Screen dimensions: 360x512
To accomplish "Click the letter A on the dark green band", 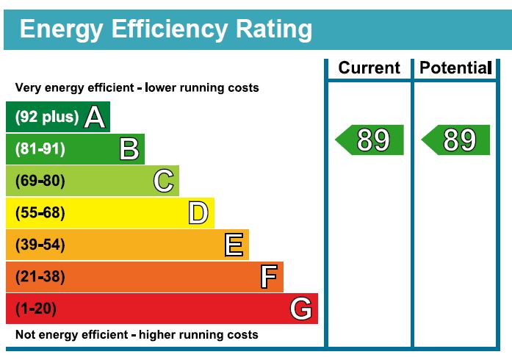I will pyautogui.click(x=94, y=117).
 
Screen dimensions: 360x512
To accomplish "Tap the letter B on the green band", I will pyautogui.click(x=129, y=149).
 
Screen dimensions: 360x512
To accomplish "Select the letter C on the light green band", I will pyautogui.click(x=164, y=181).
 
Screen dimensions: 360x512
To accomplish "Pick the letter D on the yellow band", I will pyautogui.click(x=198, y=213).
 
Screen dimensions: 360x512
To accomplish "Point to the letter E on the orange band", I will pyautogui.click(x=234, y=245).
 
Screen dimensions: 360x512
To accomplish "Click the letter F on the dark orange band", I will pyautogui.click(x=269, y=277).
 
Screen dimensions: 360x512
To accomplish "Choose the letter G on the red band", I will pyautogui.click(x=300, y=309).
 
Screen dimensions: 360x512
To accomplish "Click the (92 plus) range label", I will pyautogui.click(x=46, y=117).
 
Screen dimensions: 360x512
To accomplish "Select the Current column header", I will pyautogui.click(x=369, y=68).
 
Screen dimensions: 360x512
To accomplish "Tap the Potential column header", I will pyautogui.click(x=455, y=68).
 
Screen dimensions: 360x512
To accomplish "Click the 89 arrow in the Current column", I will pyautogui.click(x=370, y=140).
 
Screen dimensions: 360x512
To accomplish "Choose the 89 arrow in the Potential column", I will pyautogui.click(x=457, y=140).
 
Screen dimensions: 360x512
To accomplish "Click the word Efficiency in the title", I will pyautogui.click(x=169, y=29).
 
